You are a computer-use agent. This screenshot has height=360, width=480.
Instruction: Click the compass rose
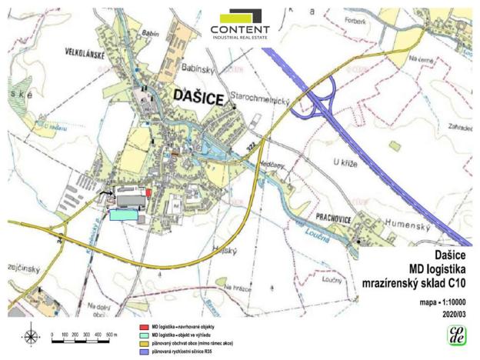pyautogui.click(x=31, y=335)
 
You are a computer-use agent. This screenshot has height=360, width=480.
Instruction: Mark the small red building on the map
pyautogui.click(x=148, y=192)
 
